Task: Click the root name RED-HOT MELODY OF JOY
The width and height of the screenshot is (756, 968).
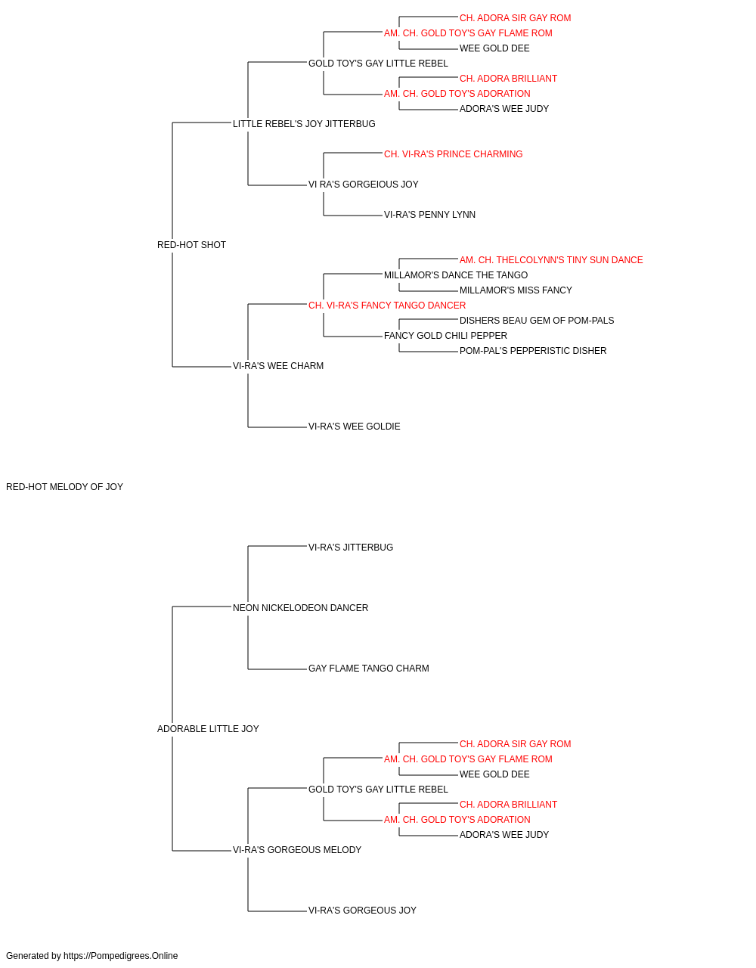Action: click(x=64, y=487)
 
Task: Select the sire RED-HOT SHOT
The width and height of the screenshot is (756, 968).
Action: click(x=191, y=245)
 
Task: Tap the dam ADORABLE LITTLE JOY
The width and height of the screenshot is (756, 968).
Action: click(x=208, y=729)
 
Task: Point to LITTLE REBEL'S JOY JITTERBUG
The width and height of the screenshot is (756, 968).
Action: click(x=304, y=124)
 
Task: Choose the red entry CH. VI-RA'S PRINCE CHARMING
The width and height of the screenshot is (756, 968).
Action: click(x=454, y=154)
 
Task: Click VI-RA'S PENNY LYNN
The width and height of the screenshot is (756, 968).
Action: click(x=429, y=215)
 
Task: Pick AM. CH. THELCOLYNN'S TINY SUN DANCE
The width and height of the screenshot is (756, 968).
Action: click(x=551, y=260)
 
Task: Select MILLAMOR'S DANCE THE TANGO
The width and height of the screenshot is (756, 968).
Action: click(x=456, y=275)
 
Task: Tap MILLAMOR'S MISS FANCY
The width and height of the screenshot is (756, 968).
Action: click(x=516, y=290)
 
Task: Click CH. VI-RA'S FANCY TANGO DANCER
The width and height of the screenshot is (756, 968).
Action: click(x=387, y=306)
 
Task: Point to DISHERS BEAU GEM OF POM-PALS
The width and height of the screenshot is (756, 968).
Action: click(x=537, y=321)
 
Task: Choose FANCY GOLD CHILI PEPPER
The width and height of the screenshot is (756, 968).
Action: click(x=446, y=336)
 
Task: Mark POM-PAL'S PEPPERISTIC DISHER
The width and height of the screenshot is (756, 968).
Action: click(x=533, y=351)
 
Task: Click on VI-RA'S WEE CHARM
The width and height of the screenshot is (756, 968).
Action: click(x=278, y=366)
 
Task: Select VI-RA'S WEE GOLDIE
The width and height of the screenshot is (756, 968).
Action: click(x=355, y=427)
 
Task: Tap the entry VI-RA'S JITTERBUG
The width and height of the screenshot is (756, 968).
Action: click(x=351, y=548)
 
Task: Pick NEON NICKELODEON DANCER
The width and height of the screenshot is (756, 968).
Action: click(x=301, y=608)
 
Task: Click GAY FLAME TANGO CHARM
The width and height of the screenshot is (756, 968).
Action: click(x=369, y=669)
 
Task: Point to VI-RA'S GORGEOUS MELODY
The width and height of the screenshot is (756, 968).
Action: click(x=297, y=850)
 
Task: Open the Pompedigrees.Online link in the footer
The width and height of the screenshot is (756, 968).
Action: click(x=121, y=956)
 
